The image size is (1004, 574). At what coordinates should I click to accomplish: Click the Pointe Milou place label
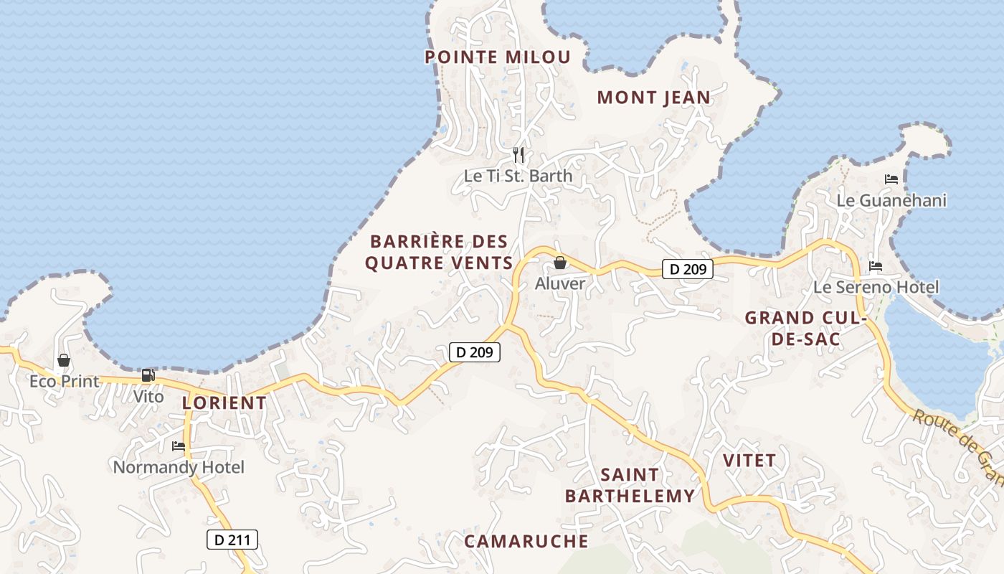498,57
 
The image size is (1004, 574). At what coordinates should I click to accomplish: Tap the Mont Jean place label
653,98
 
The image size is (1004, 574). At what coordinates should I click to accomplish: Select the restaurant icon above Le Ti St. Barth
519,154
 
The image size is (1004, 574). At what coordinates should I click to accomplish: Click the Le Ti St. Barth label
518,176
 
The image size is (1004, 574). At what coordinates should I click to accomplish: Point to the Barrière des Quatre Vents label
439,252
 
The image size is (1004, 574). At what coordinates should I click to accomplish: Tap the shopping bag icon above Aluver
560,263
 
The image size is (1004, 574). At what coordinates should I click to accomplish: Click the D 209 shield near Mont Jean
688,270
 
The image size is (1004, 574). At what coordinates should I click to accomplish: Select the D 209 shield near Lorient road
474,352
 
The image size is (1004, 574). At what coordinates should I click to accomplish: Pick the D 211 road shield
232,540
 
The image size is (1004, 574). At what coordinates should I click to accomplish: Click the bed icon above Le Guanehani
891,179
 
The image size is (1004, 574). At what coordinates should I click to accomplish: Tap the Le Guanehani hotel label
891,201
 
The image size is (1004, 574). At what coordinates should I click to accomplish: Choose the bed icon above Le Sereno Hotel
876,266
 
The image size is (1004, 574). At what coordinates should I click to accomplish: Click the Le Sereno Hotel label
876,288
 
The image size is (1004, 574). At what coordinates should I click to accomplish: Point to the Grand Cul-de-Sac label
806,328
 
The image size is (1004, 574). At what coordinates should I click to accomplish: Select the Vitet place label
749,461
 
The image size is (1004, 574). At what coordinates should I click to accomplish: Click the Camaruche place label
526,541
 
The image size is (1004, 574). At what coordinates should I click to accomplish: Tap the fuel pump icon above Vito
148,375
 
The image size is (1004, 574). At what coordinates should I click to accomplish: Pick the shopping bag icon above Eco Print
64,360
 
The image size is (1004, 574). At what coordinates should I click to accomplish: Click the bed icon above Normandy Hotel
179,446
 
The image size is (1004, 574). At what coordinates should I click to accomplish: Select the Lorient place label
224,403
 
